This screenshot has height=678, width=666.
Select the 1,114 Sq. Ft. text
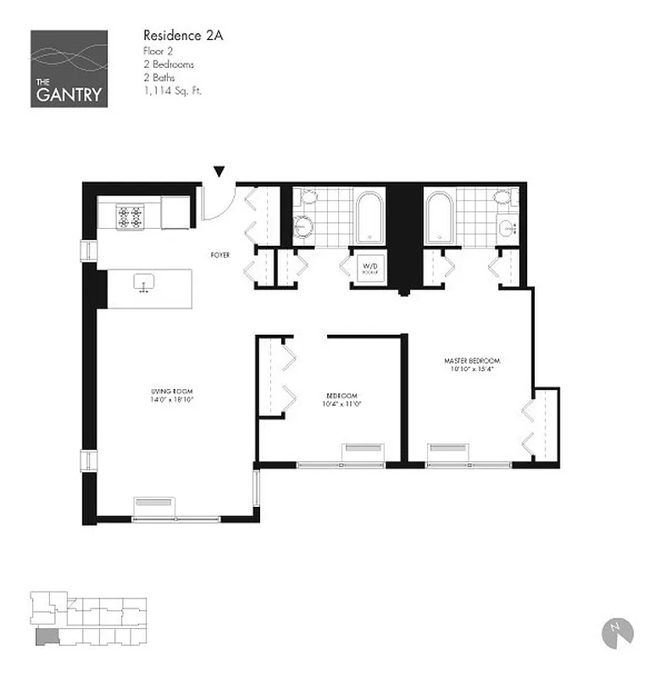(x=172, y=89)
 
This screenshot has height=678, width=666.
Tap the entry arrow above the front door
(x=219, y=172)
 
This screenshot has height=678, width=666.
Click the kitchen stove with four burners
(x=130, y=217)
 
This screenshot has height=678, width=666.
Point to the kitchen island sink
(x=143, y=282)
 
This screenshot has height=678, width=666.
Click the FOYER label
(x=221, y=254)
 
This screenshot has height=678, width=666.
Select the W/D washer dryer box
(x=370, y=267)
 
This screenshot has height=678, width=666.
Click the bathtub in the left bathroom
(x=369, y=218)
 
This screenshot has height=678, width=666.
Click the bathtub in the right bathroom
(x=439, y=218)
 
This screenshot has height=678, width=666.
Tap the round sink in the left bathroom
(x=303, y=226)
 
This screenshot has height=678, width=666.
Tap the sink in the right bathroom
(x=508, y=227)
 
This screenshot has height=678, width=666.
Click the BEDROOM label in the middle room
(x=342, y=396)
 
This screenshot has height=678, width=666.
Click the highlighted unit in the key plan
(x=43, y=636)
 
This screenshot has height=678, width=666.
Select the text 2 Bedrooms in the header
(x=169, y=64)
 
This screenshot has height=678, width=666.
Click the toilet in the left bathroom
(x=307, y=197)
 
